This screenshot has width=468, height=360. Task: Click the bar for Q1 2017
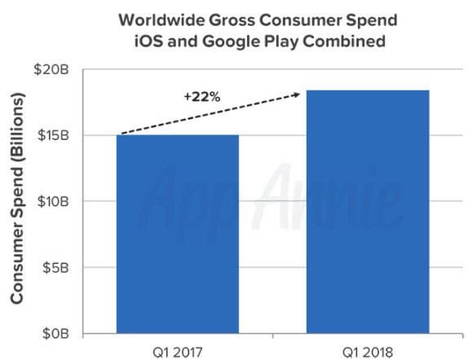click(x=178, y=234)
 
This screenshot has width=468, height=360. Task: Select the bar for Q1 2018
click(x=367, y=211)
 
